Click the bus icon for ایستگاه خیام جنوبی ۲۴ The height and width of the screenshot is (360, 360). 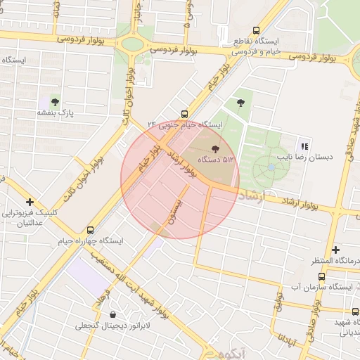[x=184, y=113]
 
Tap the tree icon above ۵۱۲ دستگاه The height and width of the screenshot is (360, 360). [x=215, y=148]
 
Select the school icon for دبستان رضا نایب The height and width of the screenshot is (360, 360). [x=304, y=146]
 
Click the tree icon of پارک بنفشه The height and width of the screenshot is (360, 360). [x=55, y=102]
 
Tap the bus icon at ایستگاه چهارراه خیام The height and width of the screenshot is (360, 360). [x=90, y=230]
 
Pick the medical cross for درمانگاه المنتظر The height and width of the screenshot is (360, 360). [x=336, y=250]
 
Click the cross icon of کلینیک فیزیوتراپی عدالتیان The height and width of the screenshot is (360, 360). [x=30, y=202]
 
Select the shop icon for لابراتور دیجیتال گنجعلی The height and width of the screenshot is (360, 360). [x=113, y=315]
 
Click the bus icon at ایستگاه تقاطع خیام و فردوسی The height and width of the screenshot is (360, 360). [x=255, y=31]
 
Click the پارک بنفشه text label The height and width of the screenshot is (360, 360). [x=56, y=113]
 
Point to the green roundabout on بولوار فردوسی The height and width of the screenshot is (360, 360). [x=131, y=44]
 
